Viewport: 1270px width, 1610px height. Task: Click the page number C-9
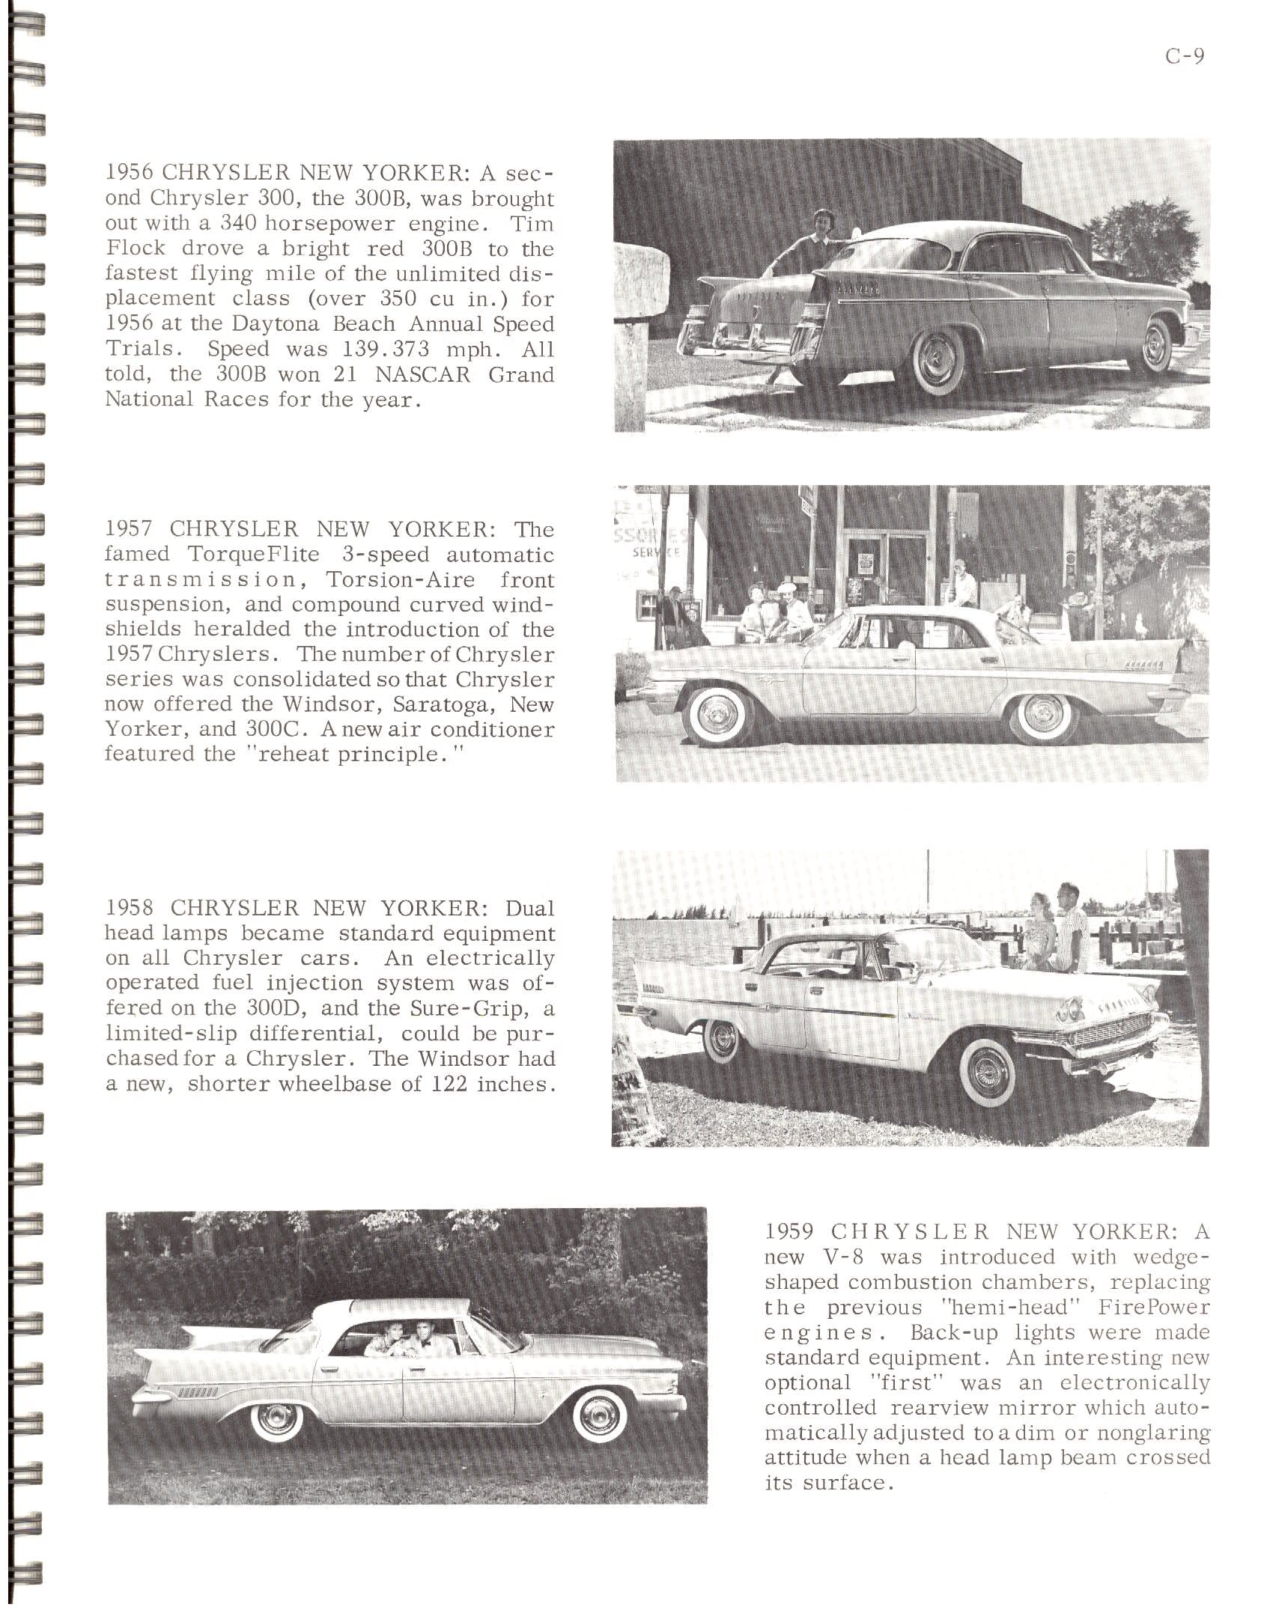(x=1185, y=57)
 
